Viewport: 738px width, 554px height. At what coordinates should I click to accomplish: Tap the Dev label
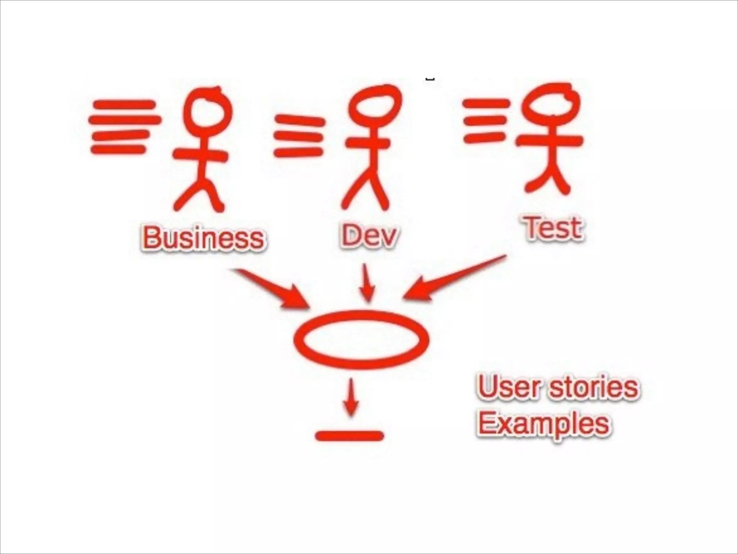pyautogui.click(x=369, y=236)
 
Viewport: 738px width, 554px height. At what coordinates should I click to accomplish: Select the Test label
pyautogui.click(x=553, y=228)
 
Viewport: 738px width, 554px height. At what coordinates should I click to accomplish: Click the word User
pyautogui.click(x=509, y=387)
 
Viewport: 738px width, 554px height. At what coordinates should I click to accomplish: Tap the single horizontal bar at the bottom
pyautogui.click(x=349, y=436)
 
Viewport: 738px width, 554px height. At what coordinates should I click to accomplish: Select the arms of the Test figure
pyautogui.click(x=550, y=141)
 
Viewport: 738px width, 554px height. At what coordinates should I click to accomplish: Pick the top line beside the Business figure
pyautogui.click(x=124, y=105)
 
